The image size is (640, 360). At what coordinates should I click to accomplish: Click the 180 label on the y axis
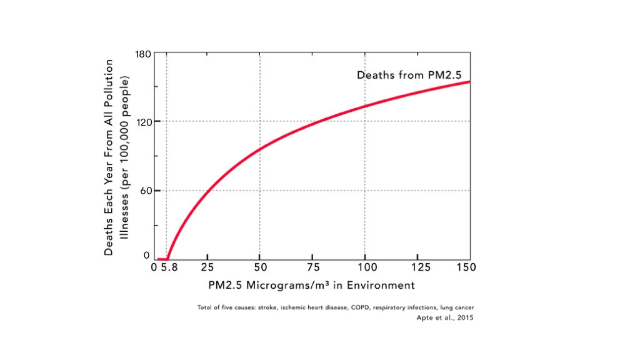[x=143, y=54]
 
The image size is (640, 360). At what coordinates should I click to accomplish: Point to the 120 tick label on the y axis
[x=143, y=122]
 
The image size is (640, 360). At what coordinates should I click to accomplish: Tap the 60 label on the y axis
[x=146, y=191]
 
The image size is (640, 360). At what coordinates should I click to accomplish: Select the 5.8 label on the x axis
[x=169, y=267]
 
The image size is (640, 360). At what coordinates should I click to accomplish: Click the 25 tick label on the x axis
[x=207, y=267]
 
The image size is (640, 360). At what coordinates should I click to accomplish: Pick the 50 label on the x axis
[x=261, y=267]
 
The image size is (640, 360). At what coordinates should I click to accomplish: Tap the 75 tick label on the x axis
[x=313, y=267]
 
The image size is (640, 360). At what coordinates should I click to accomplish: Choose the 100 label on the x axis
[x=367, y=267]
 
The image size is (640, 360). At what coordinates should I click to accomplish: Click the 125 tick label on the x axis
[x=421, y=267]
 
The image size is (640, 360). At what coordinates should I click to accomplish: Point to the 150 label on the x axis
[x=466, y=267]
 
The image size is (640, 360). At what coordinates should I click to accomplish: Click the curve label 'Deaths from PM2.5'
[x=409, y=75]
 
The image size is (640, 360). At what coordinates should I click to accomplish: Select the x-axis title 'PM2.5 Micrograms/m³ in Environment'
[x=311, y=285]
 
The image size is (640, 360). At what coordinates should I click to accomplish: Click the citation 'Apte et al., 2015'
[x=445, y=317]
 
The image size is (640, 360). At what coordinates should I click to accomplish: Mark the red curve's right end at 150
[x=470, y=82]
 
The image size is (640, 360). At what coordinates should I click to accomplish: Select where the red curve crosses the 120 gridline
[x=317, y=121]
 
